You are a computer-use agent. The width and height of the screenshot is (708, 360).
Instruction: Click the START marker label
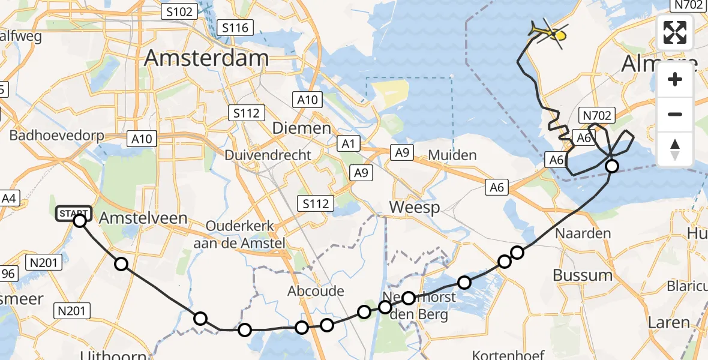74,214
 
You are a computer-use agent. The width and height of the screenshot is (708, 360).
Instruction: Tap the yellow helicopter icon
547,33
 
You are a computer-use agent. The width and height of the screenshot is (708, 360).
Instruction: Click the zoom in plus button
675,80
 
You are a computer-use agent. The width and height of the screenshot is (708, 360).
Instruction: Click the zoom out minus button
675,114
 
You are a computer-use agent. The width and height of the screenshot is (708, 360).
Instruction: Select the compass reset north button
675,149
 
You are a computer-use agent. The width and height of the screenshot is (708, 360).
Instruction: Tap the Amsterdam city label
206,58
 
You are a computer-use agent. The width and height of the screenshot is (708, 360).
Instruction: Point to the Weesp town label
414,208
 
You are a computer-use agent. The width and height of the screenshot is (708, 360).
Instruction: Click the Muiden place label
452,155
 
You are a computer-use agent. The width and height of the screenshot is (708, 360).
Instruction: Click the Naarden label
575,233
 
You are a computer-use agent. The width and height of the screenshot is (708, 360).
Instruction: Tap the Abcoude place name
316,291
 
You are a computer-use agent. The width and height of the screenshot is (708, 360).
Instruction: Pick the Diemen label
301,128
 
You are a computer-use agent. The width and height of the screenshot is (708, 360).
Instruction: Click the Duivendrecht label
268,155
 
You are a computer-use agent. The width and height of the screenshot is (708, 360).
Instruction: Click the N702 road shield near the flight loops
596,116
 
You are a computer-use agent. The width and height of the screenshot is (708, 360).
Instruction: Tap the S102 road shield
179,11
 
